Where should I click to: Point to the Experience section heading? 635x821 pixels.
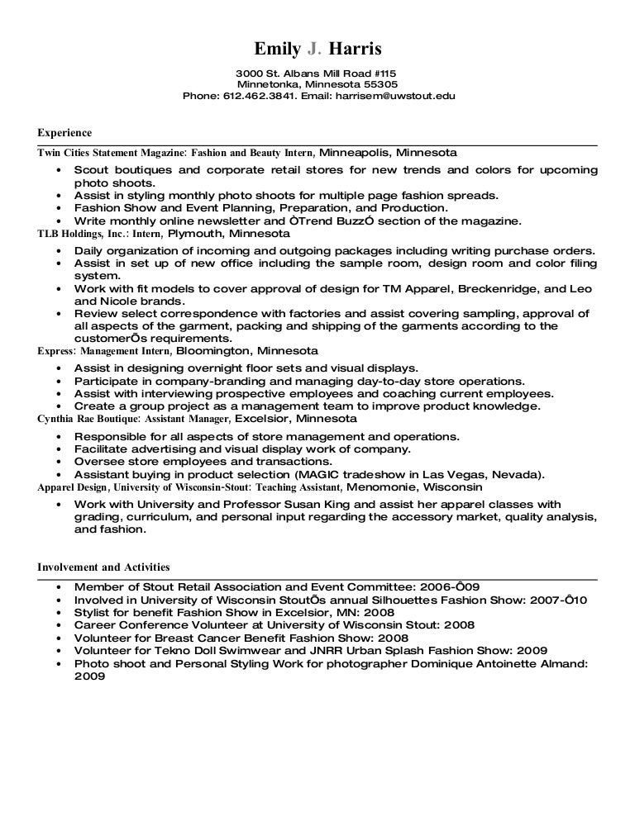click(65, 132)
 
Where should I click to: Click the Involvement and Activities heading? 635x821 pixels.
click(104, 567)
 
